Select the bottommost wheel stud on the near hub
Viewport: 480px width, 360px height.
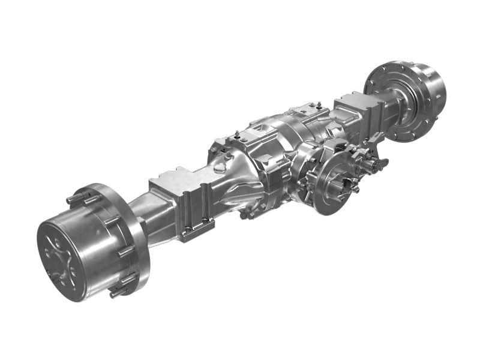point(116,293)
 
